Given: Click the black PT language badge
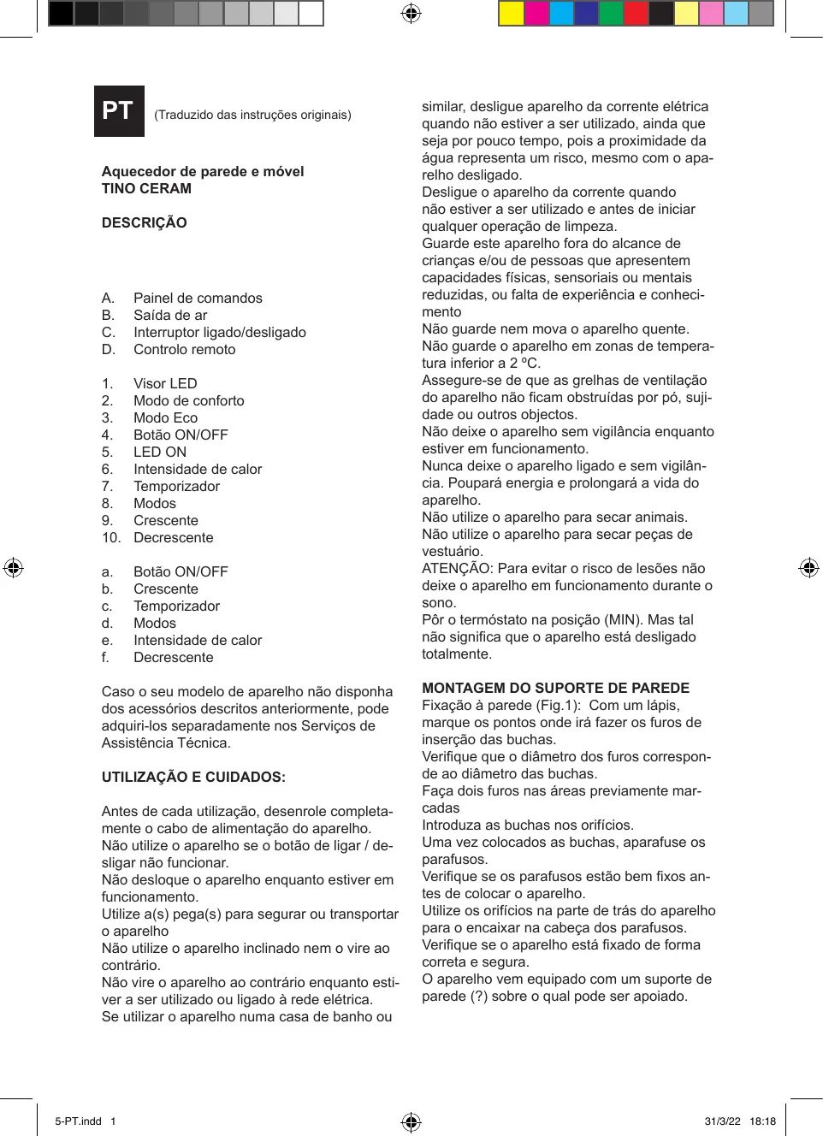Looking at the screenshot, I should (x=119, y=111).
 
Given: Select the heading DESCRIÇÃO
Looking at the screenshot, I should (x=144, y=222).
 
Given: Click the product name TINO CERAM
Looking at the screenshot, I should (x=146, y=188).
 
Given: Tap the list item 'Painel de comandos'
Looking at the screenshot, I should (x=198, y=298).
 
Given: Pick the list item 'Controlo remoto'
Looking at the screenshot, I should (x=184, y=349).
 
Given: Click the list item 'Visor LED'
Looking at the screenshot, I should (x=165, y=383).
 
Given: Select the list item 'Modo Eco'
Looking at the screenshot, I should (x=165, y=417).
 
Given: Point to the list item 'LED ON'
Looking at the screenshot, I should (x=160, y=452).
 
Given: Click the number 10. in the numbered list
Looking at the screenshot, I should (x=110, y=537).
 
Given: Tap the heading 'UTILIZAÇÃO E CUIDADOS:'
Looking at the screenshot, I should (x=193, y=777).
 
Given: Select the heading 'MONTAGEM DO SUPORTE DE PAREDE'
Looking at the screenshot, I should (x=555, y=688).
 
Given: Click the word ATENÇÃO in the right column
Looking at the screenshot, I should (x=458, y=568).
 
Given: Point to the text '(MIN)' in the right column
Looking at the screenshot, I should (x=624, y=619).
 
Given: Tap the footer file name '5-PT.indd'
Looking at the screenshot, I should (x=78, y=1121).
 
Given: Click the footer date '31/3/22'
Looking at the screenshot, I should (x=722, y=1121).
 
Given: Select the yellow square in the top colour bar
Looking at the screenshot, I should (x=511, y=13).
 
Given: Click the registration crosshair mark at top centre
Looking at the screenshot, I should (x=411, y=13).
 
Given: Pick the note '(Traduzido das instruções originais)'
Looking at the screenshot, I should (x=252, y=115).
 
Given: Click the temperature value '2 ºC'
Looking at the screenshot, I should (x=525, y=363).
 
